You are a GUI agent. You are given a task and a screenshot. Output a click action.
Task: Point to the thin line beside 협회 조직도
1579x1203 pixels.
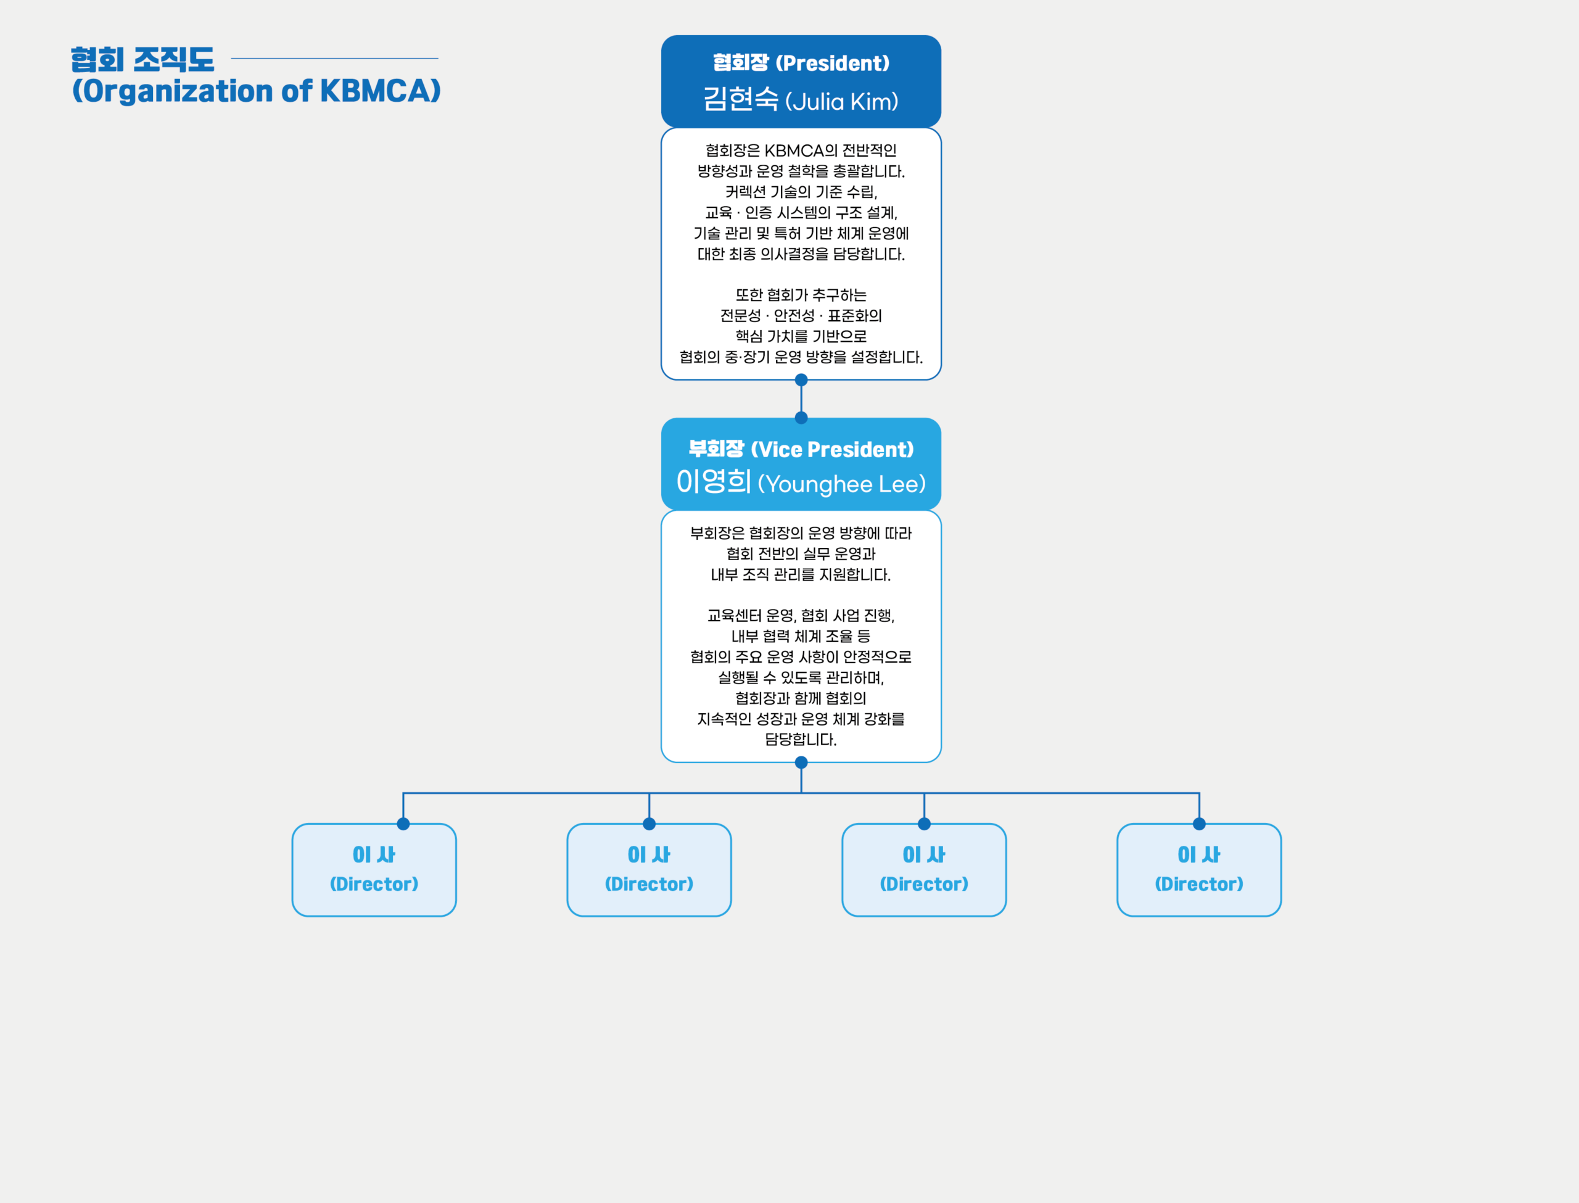(x=334, y=59)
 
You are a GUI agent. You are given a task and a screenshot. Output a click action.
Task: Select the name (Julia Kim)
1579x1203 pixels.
(x=842, y=102)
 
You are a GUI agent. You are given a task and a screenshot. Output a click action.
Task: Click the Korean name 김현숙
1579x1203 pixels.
(x=740, y=99)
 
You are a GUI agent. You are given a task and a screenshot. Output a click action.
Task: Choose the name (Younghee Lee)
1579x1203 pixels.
(x=842, y=484)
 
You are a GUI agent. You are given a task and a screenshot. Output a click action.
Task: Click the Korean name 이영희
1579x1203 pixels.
(x=714, y=482)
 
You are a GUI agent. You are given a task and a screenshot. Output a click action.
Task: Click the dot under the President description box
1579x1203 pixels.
(x=801, y=379)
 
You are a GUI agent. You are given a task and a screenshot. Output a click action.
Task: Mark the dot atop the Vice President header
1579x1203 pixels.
(x=801, y=418)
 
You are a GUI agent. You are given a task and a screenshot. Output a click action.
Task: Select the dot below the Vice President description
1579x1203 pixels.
(x=801, y=763)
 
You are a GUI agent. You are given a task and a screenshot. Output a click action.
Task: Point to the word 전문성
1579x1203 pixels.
(x=741, y=316)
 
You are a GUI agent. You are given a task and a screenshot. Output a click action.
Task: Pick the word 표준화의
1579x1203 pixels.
(x=855, y=316)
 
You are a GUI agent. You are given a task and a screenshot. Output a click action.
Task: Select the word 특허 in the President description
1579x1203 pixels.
(x=788, y=233)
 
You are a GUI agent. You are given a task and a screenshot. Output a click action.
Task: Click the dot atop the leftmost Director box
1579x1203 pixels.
(x=403, y=824)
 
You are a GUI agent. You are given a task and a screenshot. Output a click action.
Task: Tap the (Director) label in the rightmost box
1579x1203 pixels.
(x=1199, y=884)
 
